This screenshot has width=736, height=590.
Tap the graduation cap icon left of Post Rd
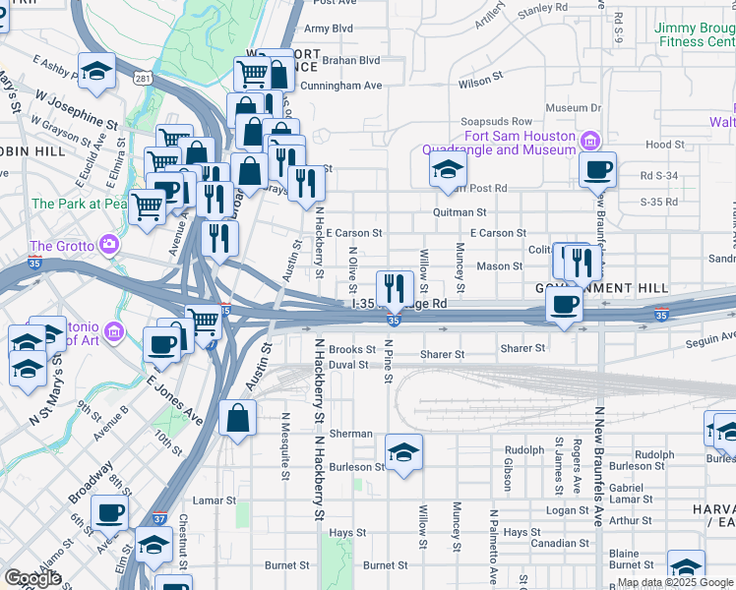[448, 169]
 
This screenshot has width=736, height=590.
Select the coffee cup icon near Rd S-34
[597, 170]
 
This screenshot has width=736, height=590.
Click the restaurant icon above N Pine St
[395, 287]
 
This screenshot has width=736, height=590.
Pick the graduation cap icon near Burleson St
[403, 452]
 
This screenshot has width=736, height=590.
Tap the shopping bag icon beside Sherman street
[238, 418]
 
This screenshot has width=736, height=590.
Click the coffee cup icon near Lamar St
[110, 511]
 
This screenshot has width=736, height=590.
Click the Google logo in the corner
[32, 578]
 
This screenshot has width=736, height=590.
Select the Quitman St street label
[460, 212]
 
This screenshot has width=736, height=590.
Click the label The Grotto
[62, 246]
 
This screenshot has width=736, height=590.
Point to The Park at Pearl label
[79, 204]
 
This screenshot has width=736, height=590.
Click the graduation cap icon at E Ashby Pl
[97, 71]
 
